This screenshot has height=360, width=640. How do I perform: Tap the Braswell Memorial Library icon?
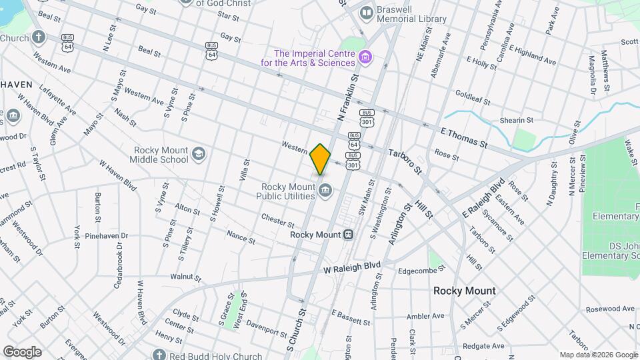pyautogui.click(x=366, y=13)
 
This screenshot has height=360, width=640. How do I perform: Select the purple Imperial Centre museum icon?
pyautogui.click(x=365, y=58)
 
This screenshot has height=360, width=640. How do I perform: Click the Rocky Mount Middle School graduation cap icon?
pyautogui.click(x=199, y=155)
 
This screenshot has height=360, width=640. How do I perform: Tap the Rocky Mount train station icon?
pyautogui.click(x=348, y=235)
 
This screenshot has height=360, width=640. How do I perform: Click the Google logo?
pyautogui.click(x=22, y=352)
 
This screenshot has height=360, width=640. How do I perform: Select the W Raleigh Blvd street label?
pyautogui.click(x=352, y=268)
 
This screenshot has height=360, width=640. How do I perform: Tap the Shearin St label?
pyautogui.click(x=517, y=120)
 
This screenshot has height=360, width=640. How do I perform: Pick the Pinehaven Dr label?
pyautogui.click(x=107, y=236)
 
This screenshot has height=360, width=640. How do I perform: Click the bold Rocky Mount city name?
pyautogui.click(x=464, y=291)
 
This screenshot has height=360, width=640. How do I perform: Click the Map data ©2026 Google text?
pyautogui.click(x=598, y=355)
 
